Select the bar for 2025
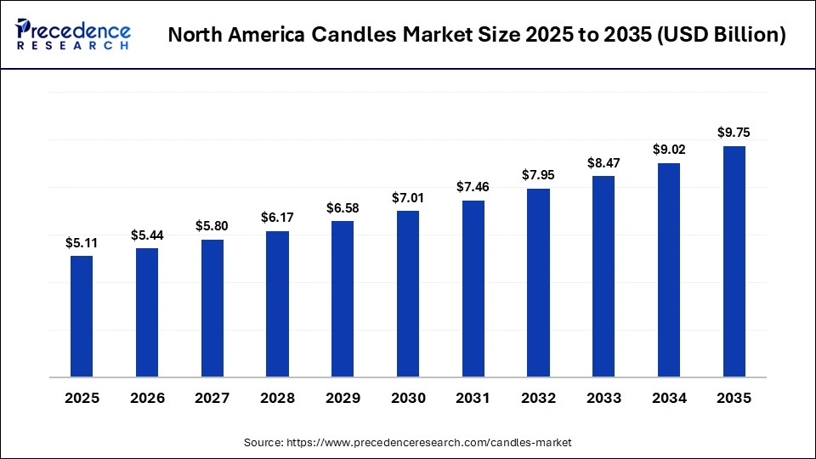[82, 315]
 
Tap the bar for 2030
[408, 293]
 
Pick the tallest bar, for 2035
[734, 261]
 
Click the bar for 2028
[277, 303]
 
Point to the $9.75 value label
[734, 133]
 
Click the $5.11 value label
[82, 242]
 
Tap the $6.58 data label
[343, 208]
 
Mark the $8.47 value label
[603, 162]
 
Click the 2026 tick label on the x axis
[147, 399]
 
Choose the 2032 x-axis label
[538, 399]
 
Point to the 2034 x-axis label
[669, 399]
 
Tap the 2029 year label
[343, 399]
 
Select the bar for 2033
[603, 276]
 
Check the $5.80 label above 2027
[212, 227]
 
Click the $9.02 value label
[669, 150]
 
